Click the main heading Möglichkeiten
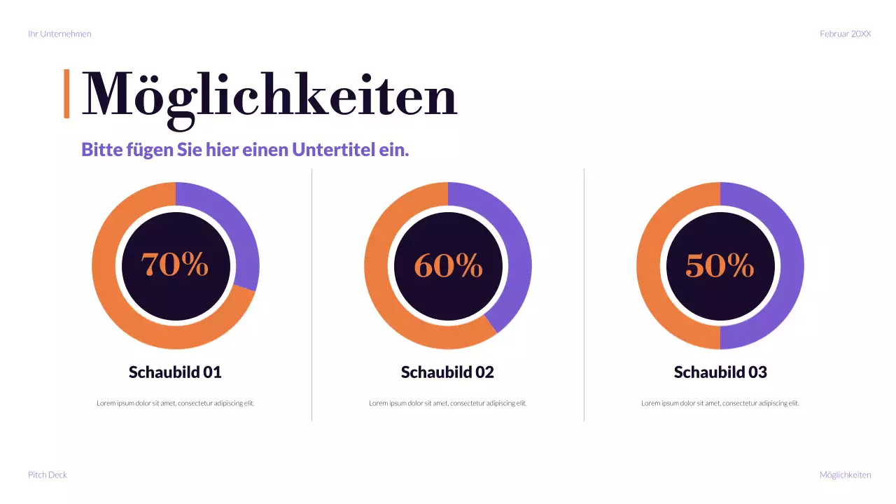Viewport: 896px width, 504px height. pyautogui.click(x=269, y=94)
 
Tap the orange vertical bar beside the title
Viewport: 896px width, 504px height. pyautogui.click(x=66, y=93)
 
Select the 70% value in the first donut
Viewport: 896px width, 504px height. pyautogui.click(x=175, y=265)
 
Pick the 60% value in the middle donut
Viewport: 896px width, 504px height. pyautogui.click(x=448, y=265)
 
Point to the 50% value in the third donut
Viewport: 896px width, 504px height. pyautogui.click(x=720, y=265)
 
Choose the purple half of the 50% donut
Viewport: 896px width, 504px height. pyautogui.click(x=789, y=266)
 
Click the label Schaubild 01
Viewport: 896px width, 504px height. pyautogui.click(x=175, y=372)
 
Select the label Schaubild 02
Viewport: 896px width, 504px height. pyautogui.click(x=447, y=372)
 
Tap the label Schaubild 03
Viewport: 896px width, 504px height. pyautogui.click(x=720, y=372)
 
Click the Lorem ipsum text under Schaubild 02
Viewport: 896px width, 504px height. pyautogui.click(x=447, y=403)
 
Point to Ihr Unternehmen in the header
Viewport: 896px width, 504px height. pyautogui.click(x=59, y=34)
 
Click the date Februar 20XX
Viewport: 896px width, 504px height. pyautogui.click(x=845, y=34)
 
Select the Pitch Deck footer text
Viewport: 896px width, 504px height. pyautogui.click(x=48, y=475)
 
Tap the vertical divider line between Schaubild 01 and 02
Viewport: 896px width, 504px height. pyautogui.click(x=311, y=294)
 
